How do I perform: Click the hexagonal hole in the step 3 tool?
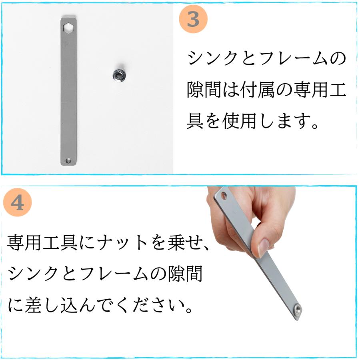[68, 27]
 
